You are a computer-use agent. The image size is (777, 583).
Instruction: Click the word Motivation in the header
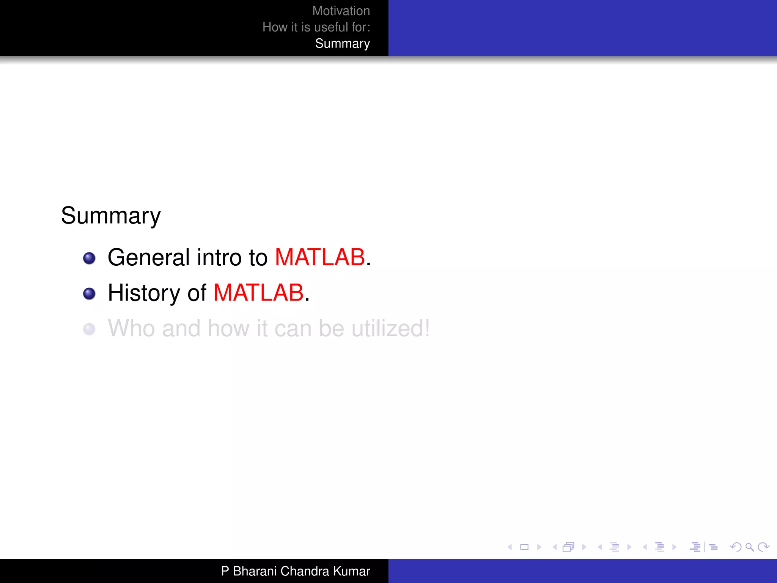[341, 11]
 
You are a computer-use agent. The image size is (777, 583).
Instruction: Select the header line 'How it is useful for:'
[316, 27]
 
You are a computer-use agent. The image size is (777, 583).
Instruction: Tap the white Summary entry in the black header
[342, 44]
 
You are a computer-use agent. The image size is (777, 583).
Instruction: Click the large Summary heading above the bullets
[111, 216]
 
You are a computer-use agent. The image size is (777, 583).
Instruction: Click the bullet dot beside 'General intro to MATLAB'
[89, 258]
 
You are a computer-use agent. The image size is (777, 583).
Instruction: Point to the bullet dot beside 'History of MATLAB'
[89, 294]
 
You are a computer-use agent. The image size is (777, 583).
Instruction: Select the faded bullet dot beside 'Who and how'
[89, 329]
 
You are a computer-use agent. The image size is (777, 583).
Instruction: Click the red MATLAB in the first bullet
[320, 257]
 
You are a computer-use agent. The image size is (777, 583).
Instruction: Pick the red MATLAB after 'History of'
[258, 293]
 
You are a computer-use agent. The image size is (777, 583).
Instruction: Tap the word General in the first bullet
[148, 257]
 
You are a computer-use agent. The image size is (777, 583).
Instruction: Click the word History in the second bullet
[144, 293]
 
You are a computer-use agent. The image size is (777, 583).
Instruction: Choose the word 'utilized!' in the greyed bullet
[390, 328]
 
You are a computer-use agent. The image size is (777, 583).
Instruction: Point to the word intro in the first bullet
[219, 257]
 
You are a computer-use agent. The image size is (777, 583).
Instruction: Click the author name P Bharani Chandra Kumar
[295, 571]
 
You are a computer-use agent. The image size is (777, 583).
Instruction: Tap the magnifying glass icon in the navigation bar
[749, 547]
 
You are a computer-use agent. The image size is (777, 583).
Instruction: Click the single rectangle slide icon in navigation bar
[524, 547]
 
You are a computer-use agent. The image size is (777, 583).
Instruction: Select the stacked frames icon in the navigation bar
[568, 547]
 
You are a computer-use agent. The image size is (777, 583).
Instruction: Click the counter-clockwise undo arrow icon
[735, 547]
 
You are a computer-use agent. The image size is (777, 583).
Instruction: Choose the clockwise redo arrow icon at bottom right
[763, 547]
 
